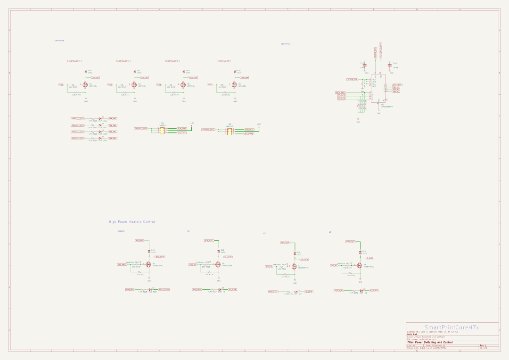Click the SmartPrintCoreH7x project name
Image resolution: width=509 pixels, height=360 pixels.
tap(452, 327)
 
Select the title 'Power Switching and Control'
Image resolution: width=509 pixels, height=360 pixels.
tap(429, 343)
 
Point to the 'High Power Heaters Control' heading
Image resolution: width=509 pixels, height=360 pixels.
tap(132, 222)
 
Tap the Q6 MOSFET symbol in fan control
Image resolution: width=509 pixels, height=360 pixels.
tap(235, 85)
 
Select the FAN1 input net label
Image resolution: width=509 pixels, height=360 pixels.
tap(61, 85)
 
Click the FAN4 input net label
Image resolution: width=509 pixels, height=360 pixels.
tap(210, 85)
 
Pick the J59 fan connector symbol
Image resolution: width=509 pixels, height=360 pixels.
tap(162, 130)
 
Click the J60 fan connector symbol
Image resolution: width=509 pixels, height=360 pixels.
tap(230, 131)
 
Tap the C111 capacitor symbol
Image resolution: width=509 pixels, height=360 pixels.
tap(389, 65)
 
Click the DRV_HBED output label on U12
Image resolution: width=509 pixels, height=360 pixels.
tap(397, 85)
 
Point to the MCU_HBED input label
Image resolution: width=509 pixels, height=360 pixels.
tap(340, 92)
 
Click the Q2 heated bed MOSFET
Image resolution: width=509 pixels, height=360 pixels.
tap(148, 265)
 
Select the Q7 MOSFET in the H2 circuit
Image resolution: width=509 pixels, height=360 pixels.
tap(295, 267)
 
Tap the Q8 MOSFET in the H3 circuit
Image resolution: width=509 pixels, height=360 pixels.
tap(360, 266)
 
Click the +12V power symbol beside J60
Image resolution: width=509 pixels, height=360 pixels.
tap(259, 125)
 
